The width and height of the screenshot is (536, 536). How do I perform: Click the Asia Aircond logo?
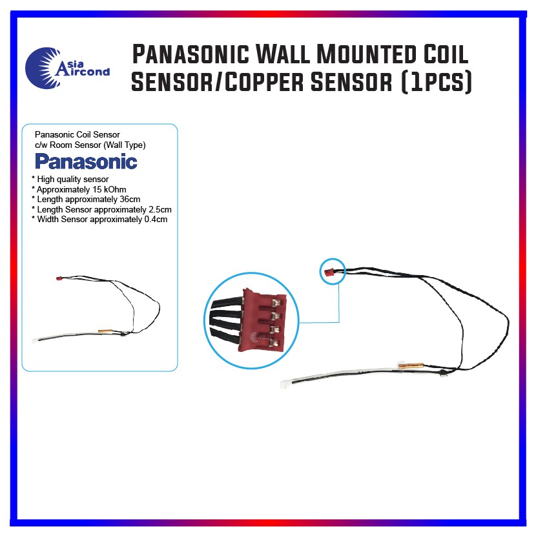coord(67,65)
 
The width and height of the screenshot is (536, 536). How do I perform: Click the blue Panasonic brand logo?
coord(86,161)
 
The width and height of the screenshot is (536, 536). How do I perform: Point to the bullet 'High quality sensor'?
coord(72,179)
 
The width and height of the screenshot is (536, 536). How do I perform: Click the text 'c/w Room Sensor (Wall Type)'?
coord(90,145)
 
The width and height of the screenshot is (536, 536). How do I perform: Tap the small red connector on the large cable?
coord(329,273)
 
